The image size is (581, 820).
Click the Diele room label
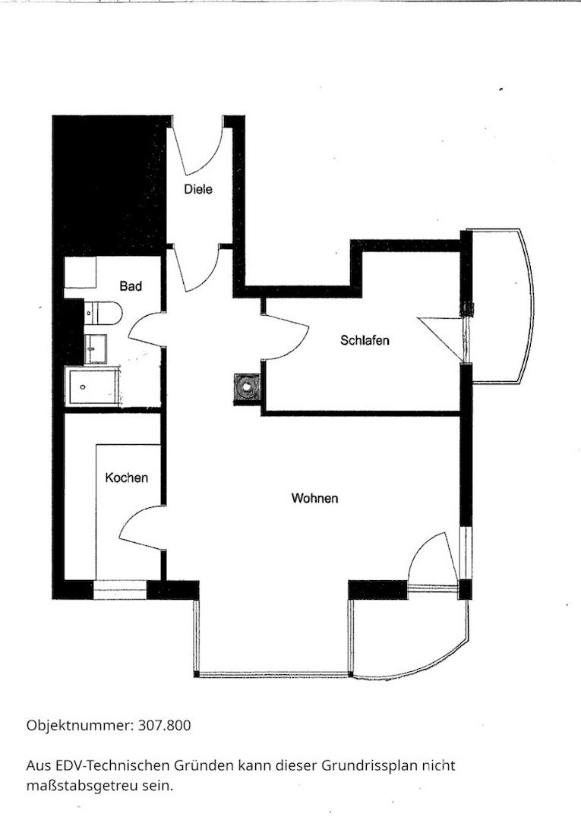(x=198, y=189)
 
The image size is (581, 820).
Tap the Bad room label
(x=131, y=286)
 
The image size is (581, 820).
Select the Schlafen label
(x=365, y=340)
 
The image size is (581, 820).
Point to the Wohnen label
(x=315, y=498)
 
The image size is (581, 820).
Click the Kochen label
(x=127, y=478)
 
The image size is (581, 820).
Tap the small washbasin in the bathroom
(x=96, y=348)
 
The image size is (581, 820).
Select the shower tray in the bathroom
(x=93, y=387)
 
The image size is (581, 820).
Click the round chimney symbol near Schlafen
(x=245, y=387)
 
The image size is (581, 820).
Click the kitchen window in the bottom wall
(x=120, y=589)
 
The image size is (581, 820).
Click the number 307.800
(x=165, y=725)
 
